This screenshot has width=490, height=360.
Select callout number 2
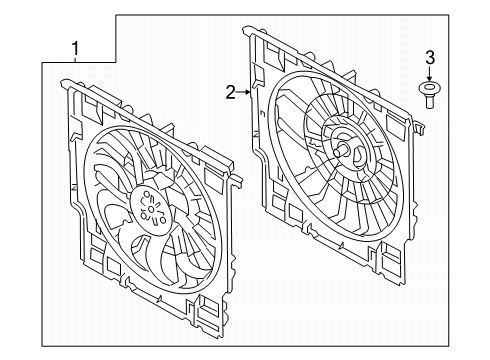(231, 93)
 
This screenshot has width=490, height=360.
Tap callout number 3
(430, 56)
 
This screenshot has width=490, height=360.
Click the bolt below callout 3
(430, 94)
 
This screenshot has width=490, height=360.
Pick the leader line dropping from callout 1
(75, 62)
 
